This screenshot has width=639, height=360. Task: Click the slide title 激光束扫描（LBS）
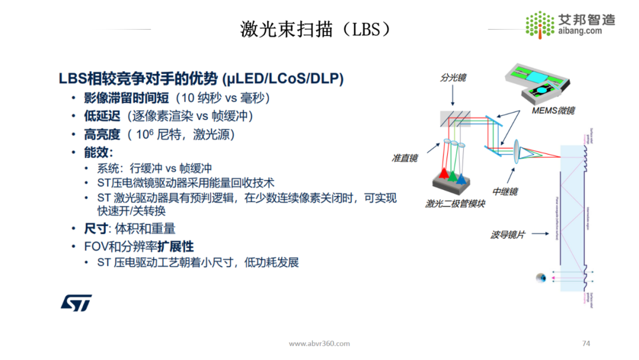point(316,28)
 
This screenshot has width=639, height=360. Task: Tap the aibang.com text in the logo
point(580,31)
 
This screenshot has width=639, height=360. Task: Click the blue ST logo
point(76,303)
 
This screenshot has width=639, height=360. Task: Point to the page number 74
point(586,343)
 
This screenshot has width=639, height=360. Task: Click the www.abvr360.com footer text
point(319,343)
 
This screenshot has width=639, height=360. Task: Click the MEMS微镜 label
point(552,110)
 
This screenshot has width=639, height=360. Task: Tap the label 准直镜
point(405,158)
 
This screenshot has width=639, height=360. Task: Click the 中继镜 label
point(505,192)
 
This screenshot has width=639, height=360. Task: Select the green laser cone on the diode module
point(452,175)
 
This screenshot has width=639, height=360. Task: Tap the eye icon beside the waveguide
point(540,278)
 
